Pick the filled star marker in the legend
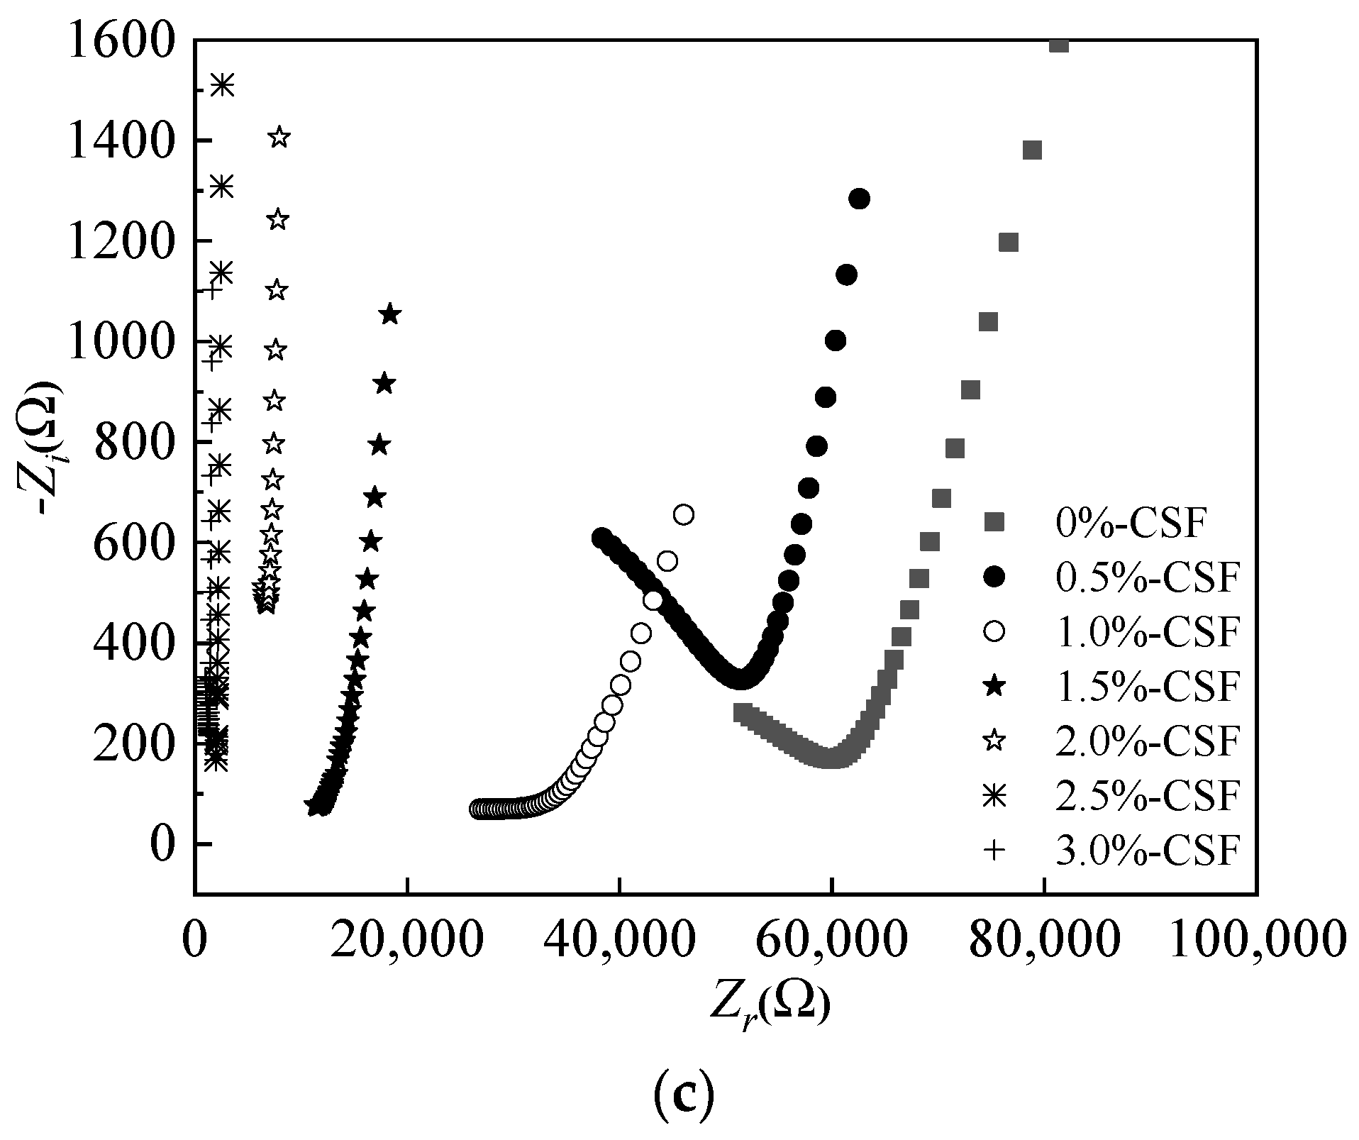tap(995, 686)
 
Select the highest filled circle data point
tap(859, 199)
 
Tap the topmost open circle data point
tap(684, 514)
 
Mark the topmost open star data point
tap(279, 137)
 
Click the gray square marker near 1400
tap(1032, 150)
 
